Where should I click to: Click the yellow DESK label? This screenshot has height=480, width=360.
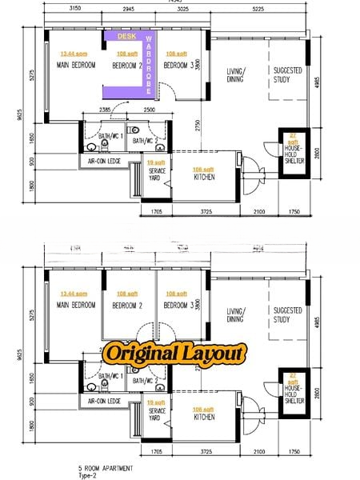(x=126, y=37)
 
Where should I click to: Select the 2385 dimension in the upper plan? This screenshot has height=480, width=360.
(x=105, y=109)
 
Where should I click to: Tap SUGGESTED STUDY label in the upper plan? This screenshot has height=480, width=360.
(x=286, y=75)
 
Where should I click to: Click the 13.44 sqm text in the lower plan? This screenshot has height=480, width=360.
(x=74, y=294)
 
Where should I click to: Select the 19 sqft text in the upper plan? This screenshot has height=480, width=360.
(x=156, y=162)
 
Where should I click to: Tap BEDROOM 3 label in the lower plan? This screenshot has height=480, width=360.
(x=178, y=305)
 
